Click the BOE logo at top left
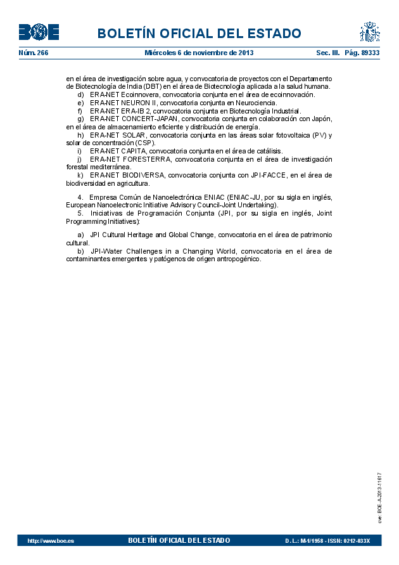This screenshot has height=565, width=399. [39, 32]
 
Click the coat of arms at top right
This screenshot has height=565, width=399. [369, 32]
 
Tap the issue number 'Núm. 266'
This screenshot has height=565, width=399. [34, 53]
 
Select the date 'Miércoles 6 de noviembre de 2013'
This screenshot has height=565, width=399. [199, 53]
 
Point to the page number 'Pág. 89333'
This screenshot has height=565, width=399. [362, 53]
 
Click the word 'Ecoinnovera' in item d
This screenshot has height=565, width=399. [140, 94]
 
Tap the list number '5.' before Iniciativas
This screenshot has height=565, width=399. [81, 213]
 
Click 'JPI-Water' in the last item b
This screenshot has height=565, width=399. [106, 251]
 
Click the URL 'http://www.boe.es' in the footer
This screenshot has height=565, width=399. [51, 541]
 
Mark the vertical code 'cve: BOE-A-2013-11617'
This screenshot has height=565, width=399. [379, 497]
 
